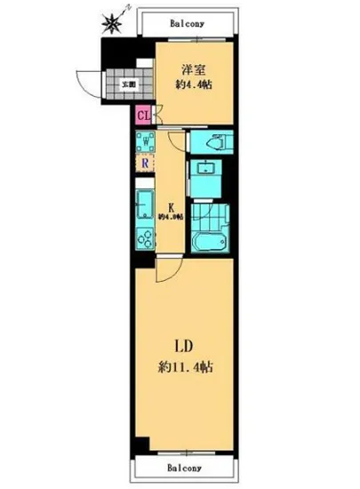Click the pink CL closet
[142, 114]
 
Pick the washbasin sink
[207, 170]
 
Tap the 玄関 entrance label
[129, 84]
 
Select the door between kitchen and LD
[169, 269]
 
